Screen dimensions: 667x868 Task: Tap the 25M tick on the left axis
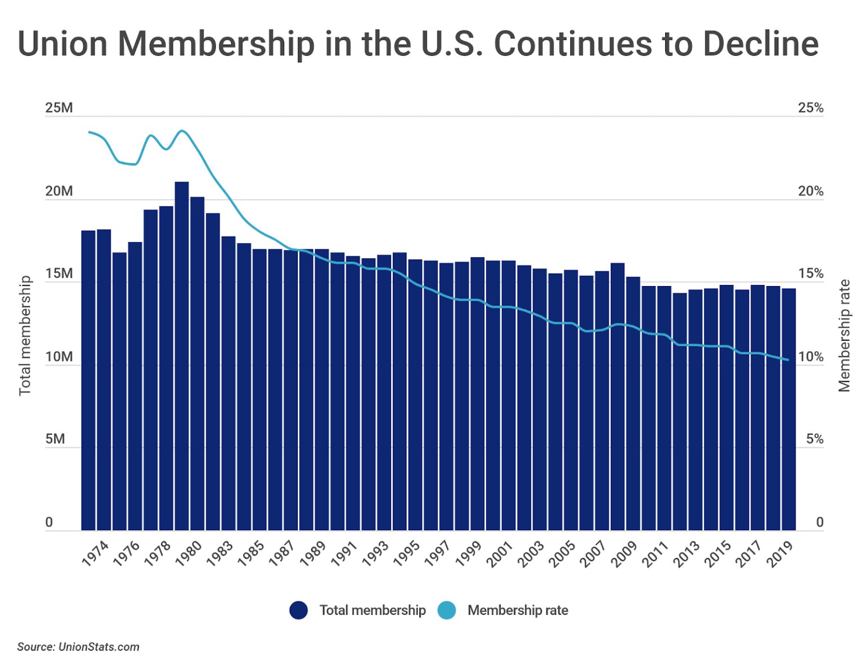(59, 107)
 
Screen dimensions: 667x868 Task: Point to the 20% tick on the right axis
(810, 191)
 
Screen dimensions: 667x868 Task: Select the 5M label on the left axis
(55, 439)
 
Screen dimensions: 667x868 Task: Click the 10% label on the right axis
(810, 357)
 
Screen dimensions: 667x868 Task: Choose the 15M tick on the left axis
(59, 274)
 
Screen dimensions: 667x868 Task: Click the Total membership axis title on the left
(25, 335)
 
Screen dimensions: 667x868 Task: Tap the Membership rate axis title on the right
(844, 335)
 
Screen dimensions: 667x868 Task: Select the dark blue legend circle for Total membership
(298, 610)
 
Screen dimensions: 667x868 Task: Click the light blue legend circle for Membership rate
(446, 610)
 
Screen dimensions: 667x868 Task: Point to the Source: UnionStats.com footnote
(78, 647)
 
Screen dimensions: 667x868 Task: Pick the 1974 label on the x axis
(95, 553)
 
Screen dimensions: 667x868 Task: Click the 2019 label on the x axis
(780, 553)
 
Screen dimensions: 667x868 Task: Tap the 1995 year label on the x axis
(406, 553)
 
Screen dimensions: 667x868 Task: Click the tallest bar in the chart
(181, 356)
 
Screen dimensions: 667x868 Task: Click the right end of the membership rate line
(788, 360)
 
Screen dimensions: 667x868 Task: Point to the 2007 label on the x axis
(593, 553)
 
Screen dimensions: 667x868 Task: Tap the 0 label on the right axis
(819, 522)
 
